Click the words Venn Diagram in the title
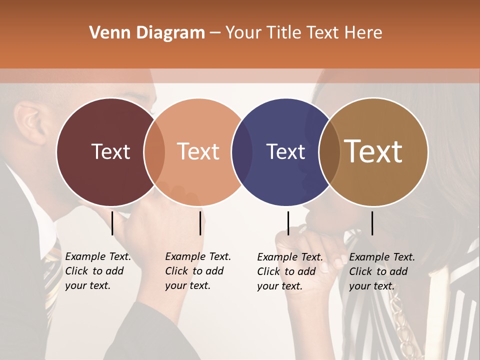[x=147, y=33]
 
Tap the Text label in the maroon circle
[x=110, y=151]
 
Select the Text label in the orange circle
[x=198, y=151]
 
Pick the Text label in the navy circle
[x=285, y=151]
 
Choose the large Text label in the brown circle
[x=373, y=151]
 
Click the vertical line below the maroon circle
[x=112, y=223]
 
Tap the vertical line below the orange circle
[x=200, y=223]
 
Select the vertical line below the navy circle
[x=288, y=223]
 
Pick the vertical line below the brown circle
[x=372, y=223]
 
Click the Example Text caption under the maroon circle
[x=97, y=271]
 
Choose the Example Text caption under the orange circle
[x=197, y=271]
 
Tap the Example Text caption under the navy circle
[x=289, y=271]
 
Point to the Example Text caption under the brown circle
[x=381, y=271]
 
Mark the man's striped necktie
[x=51, y=280]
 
